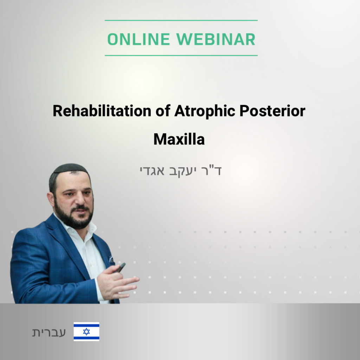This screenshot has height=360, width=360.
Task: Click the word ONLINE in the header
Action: click(139, 39)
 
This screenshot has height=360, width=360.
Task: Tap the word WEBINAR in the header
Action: click(216, 39)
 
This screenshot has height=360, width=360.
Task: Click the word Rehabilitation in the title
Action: click(102, 111)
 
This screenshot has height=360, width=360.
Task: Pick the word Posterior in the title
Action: click(272, 111)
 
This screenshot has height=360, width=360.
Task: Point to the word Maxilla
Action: click(179, 139)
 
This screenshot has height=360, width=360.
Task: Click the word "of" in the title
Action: click(163, 111)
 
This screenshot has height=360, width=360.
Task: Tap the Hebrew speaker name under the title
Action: click(180, 171)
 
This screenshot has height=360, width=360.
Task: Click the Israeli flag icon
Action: click(86, 332)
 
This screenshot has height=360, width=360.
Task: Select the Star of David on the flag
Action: click(86, 332)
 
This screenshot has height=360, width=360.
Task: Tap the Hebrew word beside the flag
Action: click(49, 332)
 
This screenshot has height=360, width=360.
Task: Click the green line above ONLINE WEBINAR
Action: click(181, 20)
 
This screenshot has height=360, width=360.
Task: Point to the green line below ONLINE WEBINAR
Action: click(181, 56)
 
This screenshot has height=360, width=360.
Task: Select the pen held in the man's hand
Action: click(120, 268)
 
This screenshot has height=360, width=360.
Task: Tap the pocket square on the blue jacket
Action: click(111, 259)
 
